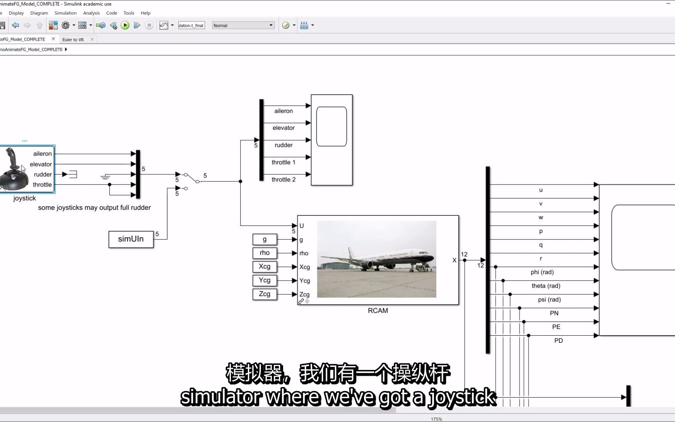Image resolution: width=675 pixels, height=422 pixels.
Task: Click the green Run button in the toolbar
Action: [125, 25]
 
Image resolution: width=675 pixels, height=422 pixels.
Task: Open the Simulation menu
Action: [65, 13]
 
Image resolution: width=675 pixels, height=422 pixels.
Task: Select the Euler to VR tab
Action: [73, 39]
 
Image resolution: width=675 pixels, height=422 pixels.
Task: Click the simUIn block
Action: [131, 239]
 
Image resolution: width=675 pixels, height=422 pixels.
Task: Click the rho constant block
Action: [264, 253]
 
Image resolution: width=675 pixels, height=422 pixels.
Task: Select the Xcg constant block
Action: [264, 266]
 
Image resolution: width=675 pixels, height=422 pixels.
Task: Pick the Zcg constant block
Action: [264, 294]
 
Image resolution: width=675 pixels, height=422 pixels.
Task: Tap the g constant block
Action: [264, 239]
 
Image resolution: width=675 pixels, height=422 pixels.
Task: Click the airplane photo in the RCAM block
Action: [377, 259]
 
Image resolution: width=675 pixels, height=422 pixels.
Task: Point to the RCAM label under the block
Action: [378, 311]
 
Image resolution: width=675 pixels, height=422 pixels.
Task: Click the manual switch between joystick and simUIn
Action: [191, 178]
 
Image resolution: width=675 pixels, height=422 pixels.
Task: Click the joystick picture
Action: [15, 169]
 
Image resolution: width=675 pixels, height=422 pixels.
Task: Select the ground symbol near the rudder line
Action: [105, 177]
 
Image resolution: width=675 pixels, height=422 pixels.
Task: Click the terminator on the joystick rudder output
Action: [73, 174]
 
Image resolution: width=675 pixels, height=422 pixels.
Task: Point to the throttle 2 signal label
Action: [284, 180]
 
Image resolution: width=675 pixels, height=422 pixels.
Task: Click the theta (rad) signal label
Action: [546, 286]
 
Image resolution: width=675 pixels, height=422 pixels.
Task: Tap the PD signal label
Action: [559, 341]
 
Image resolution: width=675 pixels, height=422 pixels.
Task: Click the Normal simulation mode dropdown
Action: [243, 25]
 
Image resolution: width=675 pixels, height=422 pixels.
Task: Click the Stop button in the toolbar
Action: [149, 25]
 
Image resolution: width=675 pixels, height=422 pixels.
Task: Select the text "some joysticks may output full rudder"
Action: [94, 208]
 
